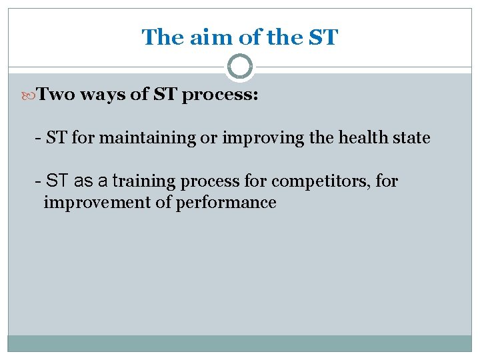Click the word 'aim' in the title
coord(208,37)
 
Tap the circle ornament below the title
coord(240,67)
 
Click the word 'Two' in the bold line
coord(55,95)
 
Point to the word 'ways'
coord(104,95)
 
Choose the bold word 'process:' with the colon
coord(220,95)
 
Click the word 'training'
coord(145,181)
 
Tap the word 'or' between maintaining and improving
coord(203,138)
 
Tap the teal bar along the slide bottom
coord(240,343)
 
